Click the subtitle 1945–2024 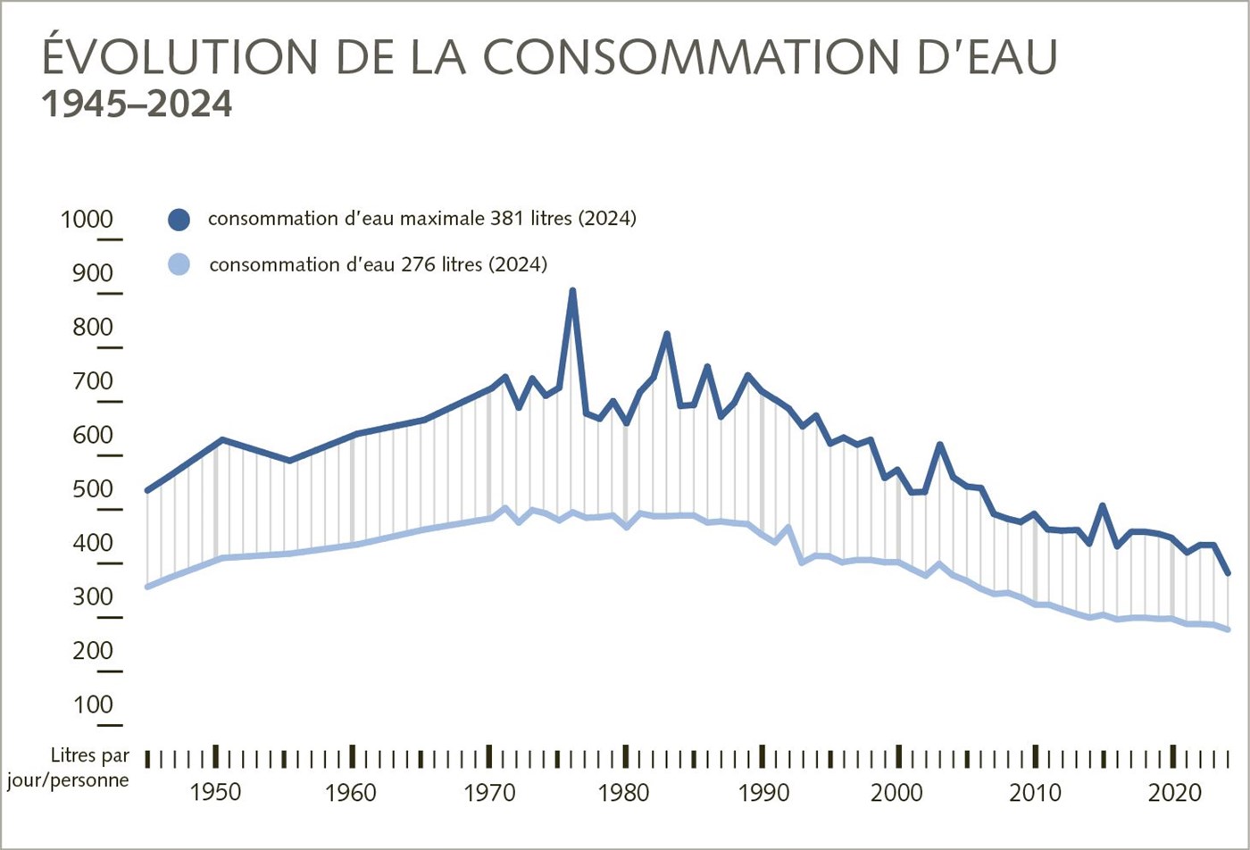point(137,104)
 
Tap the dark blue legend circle point(179,219)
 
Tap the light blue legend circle point(179,264)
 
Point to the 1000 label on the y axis point(87,220)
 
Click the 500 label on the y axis point(92,489)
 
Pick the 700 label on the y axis point(92,381)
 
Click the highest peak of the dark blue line point(572,291)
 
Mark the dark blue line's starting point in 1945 point(147,490)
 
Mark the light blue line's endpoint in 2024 point(1229,629)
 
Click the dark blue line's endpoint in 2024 point(1229,573)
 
